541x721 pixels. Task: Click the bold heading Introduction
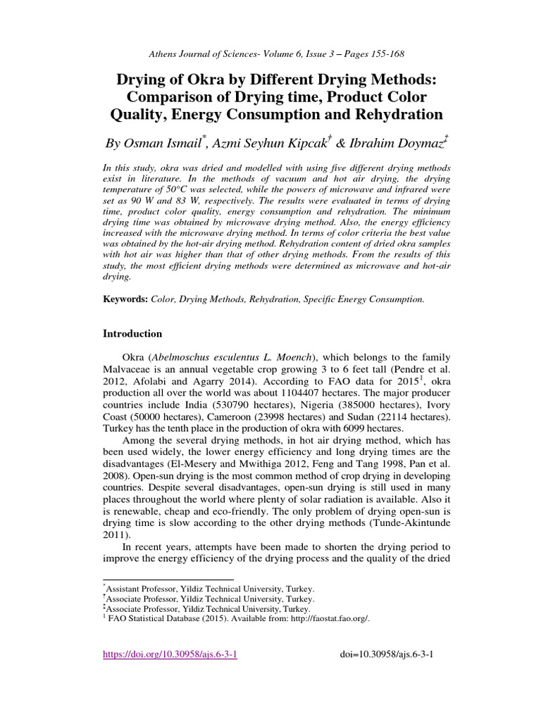[x=132, y=334]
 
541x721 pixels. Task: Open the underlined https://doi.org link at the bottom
[x=170, y=654]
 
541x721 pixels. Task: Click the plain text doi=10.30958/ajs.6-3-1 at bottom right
[x=386, y=654]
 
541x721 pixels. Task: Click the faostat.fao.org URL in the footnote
[x=330, y=618]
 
